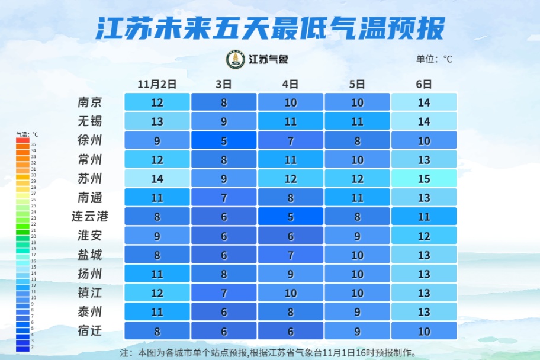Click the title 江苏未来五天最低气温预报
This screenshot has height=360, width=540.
pos(269,27)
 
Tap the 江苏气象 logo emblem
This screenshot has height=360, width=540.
pos(236,59)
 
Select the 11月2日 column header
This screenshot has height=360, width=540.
pos(157,84)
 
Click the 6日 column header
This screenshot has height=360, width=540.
pos(424,84)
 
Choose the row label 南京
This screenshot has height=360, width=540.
pos(90,102)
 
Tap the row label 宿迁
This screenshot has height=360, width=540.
pos(90,331)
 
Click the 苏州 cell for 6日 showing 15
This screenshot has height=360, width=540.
pos(424,178)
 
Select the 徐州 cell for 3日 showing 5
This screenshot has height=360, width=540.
pos(224,140)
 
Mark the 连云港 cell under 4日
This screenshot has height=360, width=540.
pos(291,216)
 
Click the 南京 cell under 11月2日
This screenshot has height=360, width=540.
pos(157,102)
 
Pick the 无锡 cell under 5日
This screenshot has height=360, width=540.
pos(357,121)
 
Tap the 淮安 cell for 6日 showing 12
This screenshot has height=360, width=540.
pos(424,236)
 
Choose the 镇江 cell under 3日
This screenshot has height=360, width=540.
pos(224,293)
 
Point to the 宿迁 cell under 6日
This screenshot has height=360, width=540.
pos(424,331)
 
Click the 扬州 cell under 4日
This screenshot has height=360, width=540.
pos(291,274)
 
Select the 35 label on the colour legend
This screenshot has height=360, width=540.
pos(34,144)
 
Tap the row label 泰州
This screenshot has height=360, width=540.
pos(90,312)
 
